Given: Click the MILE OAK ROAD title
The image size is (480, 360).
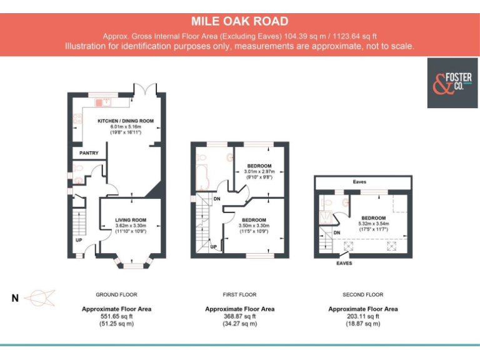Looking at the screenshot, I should [240, 22].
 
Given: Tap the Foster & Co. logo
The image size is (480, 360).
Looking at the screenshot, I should [452, 83].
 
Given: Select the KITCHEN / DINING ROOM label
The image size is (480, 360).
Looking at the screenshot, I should [125, 121].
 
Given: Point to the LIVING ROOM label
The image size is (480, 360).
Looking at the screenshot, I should [130, 220].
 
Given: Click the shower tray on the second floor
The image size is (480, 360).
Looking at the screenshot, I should [326, 216].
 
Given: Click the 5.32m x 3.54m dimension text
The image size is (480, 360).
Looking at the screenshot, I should [374, 224].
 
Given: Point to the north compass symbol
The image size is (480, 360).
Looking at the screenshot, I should [39, 298].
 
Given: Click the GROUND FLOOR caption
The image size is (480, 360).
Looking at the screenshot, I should [116, 294].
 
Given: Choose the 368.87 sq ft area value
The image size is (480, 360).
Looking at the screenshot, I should [239, 316].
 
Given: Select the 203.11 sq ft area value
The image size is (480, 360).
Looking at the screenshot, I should [362, 316].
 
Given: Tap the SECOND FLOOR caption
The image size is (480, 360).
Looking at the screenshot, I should [362, 294].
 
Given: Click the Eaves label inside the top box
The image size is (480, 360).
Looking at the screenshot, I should [359, 182].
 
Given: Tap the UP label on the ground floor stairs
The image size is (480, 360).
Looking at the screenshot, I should [79, 240].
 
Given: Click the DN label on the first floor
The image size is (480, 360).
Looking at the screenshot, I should [216, 199].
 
